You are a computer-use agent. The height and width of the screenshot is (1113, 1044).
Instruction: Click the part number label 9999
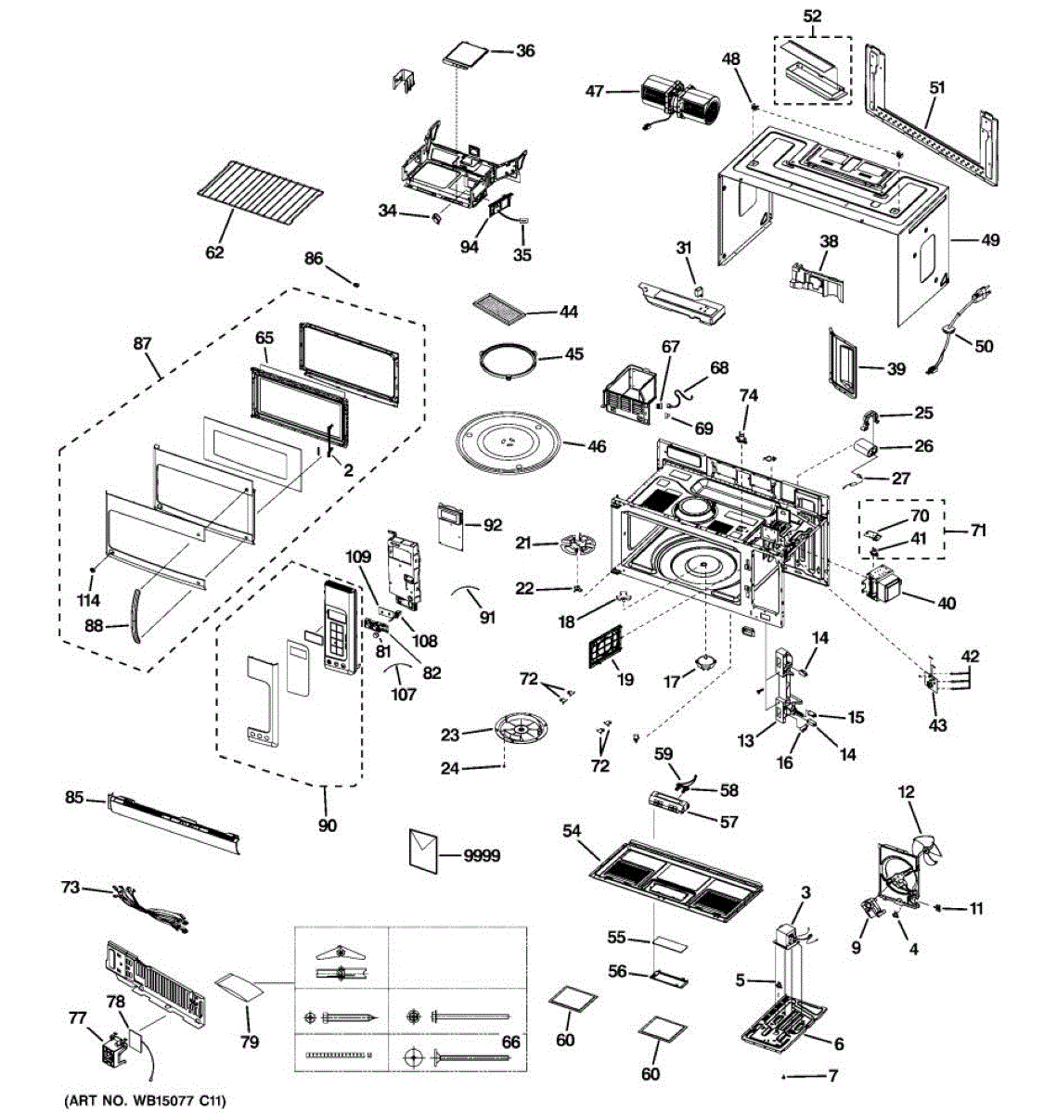click(482, 854)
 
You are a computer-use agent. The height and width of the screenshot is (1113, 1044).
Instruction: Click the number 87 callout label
click(142, 344)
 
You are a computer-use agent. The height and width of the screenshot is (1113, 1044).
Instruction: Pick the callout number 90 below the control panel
click(327, 825)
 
